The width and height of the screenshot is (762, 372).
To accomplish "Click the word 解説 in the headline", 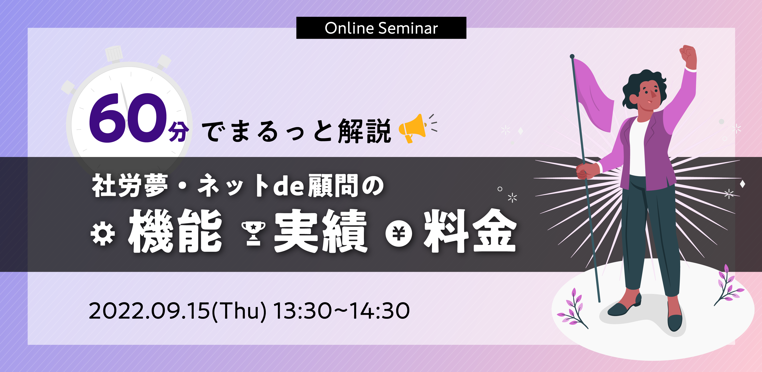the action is tap(365, 131).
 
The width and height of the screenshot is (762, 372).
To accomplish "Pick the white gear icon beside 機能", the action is tap(103, 234).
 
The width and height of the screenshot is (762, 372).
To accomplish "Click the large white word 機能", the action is tap(175, 231).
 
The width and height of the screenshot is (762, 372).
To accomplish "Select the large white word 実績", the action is tap(321, 231).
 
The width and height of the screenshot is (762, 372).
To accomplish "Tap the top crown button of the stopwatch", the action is tap(114, 54).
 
